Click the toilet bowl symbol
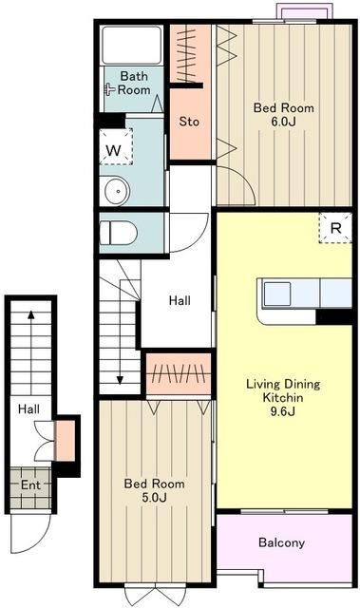coord(119,233)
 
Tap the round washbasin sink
coord(116,190)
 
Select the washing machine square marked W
coord(116,147)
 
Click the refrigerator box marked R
coord(335,228)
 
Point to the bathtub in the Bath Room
coord(131,45)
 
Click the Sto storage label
coord(189,122)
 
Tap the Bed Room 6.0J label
coord(284,114)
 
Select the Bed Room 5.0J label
coord(154,490)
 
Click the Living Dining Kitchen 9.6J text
coord(283,397)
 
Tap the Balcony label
coord(281,542)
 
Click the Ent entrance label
coord(30,484)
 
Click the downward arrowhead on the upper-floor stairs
coord(120,380)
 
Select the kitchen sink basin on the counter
coord(277,294)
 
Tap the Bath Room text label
coord(134,83)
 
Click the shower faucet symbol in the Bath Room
coord(109,90)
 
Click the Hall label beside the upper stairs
coord(180,300)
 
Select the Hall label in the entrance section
coord(29,408)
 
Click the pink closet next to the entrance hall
coord(65,441)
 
